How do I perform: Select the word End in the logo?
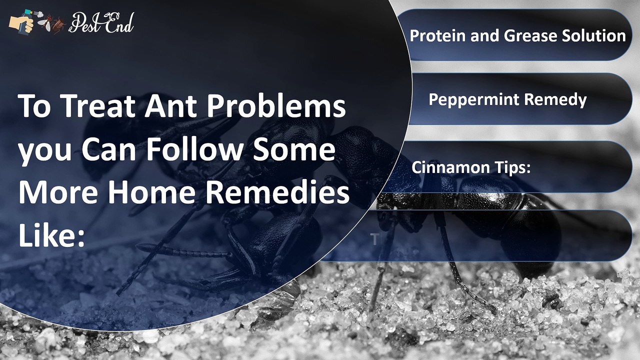coord(119,23)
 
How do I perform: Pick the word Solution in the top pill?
coord(592,35)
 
